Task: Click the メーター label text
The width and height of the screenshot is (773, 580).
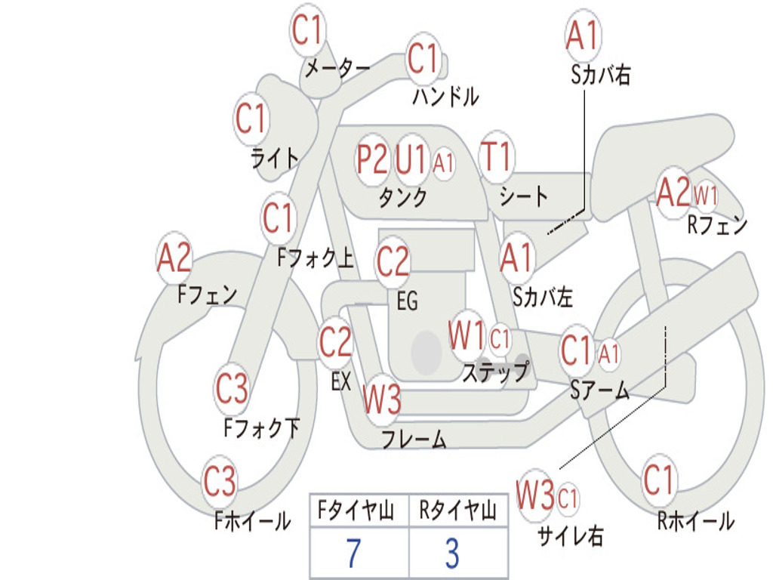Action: (x=337, y=69)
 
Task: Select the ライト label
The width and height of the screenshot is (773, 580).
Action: (x=275, y=158)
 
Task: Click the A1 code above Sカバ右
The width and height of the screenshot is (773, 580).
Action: (x=582, y=35)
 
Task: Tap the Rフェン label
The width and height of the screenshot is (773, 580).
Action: (x=716, y=224)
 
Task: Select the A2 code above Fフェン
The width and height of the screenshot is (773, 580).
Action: (x=174, y=258)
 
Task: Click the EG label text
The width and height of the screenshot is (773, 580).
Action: (x=407, y=301)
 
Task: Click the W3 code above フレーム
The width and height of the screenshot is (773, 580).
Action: (x=381, y=400)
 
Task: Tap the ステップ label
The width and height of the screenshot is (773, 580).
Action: (x=495, y=372)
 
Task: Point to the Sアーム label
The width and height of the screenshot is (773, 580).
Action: (x=599, y=390)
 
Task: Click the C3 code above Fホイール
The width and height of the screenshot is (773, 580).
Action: (x=220, y=482)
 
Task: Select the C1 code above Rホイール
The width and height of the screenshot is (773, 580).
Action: (x=658, y=479)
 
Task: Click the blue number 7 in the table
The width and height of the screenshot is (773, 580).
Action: (x=353, y=554)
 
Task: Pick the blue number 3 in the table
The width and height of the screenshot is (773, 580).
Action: (x=452, y=554)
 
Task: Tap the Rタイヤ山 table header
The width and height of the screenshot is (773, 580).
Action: (x=458, y=512)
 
